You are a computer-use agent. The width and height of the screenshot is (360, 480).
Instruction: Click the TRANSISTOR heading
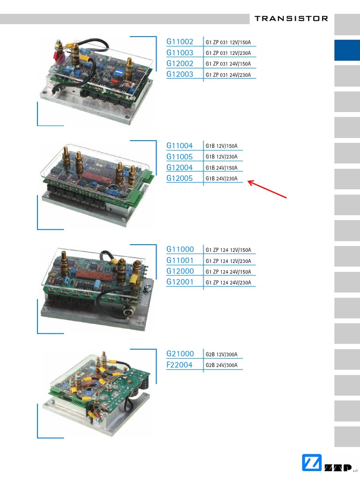pyautogui.click(x=291, y=19)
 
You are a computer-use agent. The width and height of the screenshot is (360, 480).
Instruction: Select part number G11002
pyautogui.click(x=180, y=42)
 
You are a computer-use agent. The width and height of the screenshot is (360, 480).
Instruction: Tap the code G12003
pyautogui.click(x=180, y=75)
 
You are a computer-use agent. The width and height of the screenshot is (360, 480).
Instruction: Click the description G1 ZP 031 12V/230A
pyautogui.click(x=228, y=53)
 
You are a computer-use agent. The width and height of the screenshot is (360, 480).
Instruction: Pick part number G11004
pyautogui.click(x=180, y=146)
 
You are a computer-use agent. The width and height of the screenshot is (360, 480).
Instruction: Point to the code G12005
pyautogui.click(x=180, y=178)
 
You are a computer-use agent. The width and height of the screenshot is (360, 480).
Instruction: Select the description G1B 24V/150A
pyautogui.click(x=221, y=168)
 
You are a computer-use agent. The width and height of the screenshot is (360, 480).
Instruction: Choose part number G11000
pyautogui.click(x=180, y=249)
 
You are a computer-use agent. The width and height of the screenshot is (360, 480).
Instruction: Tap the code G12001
pyautogui.click(x=180, y=282)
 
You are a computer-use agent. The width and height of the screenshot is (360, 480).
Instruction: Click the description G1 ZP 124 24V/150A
pyautogui.click(x=228, y=272)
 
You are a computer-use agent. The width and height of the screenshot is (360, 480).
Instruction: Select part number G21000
pyautogui.click(x=180, y=354)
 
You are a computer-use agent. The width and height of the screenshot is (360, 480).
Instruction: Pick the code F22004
pyautogui.click(x=180, y=365)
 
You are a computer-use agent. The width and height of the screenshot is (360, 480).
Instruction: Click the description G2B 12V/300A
pyautogui.click(x=221, y=354)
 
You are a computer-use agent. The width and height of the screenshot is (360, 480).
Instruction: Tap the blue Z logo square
pyautogui.click(x=312, y=463)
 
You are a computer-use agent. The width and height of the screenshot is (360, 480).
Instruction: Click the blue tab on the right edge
pyautogui.click(x=347, y=50)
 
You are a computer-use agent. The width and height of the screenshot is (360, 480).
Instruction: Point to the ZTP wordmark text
pyautogui.click(x=338, y=468)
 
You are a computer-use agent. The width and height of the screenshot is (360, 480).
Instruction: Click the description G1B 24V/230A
pyautogui.click(x=221, y=179)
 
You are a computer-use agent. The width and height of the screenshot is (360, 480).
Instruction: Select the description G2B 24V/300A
pyautogui.click(x=221, y=365)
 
